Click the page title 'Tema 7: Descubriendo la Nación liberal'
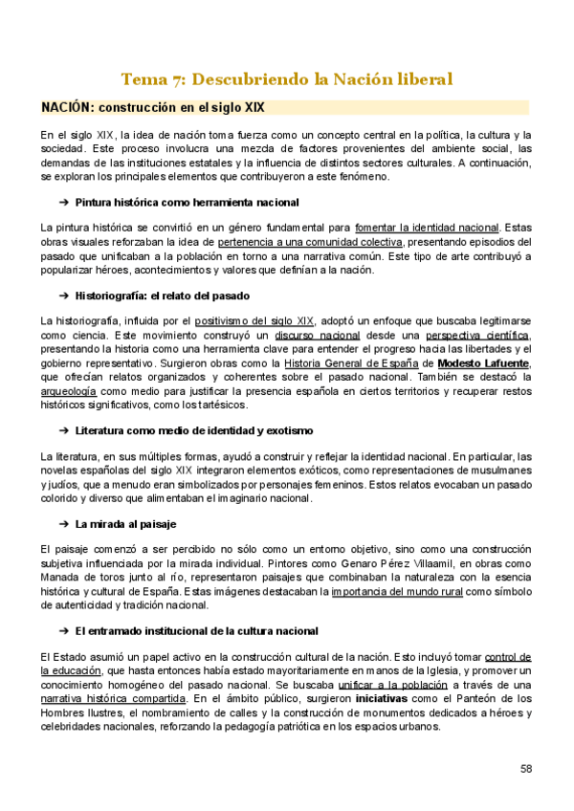(286, 78)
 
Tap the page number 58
(526, 769)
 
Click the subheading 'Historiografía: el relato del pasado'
(170, 296)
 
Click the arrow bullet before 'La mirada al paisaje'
(63, 524)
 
